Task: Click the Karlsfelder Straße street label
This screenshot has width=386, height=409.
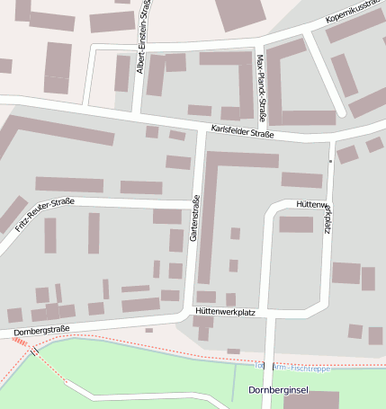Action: [x=242, y=133]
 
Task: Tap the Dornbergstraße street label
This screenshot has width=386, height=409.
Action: [x=41, y=331]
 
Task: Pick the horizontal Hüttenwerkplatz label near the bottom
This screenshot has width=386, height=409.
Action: [x=226, y=311]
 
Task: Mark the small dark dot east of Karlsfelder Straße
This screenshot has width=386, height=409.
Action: [x=330, y=161]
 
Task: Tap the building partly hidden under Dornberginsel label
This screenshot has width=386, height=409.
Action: [x=310, y=400]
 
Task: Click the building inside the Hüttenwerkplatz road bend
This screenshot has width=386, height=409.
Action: [x=295, y=224]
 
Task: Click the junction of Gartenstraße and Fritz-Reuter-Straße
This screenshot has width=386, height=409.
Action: [x=196, y=201]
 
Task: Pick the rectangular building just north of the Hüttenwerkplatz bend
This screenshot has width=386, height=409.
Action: [x=301, y=180]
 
